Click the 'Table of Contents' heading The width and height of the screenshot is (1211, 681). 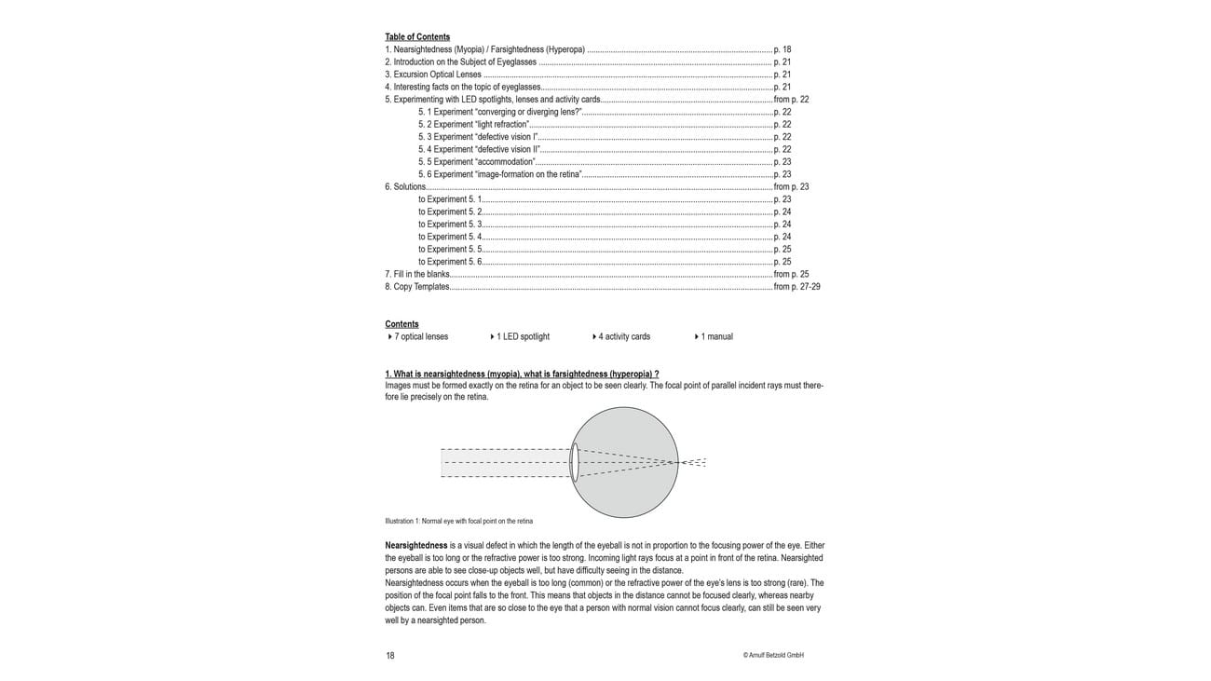point(417,37)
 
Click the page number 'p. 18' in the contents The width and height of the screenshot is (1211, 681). point(782,49)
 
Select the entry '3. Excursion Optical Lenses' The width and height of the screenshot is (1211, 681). point(433,75)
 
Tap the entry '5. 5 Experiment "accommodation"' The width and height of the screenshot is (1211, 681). point(476,162)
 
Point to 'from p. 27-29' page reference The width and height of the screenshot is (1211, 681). point(796,287)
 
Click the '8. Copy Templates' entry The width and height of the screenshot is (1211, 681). point(417,287)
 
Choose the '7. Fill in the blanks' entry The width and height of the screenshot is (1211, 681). point(417,275)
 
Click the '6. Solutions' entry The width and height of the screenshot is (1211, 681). point(405,187)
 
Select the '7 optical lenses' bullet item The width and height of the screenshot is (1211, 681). point(420,337)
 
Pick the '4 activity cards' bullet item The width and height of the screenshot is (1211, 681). point(623,337)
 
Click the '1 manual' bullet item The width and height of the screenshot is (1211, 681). point(715,337)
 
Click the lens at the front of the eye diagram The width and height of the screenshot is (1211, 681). point(575,462)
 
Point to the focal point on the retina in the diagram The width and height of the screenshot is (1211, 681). point(677,462)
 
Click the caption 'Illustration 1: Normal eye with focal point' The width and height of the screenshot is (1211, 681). point(458,522)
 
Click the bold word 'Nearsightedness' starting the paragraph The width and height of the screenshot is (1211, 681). point(415,546)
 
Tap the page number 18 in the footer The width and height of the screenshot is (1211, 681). point(390,656)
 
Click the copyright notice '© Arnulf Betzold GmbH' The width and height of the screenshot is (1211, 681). point(773,656)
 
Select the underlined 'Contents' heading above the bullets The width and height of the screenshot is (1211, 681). point(401,324)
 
